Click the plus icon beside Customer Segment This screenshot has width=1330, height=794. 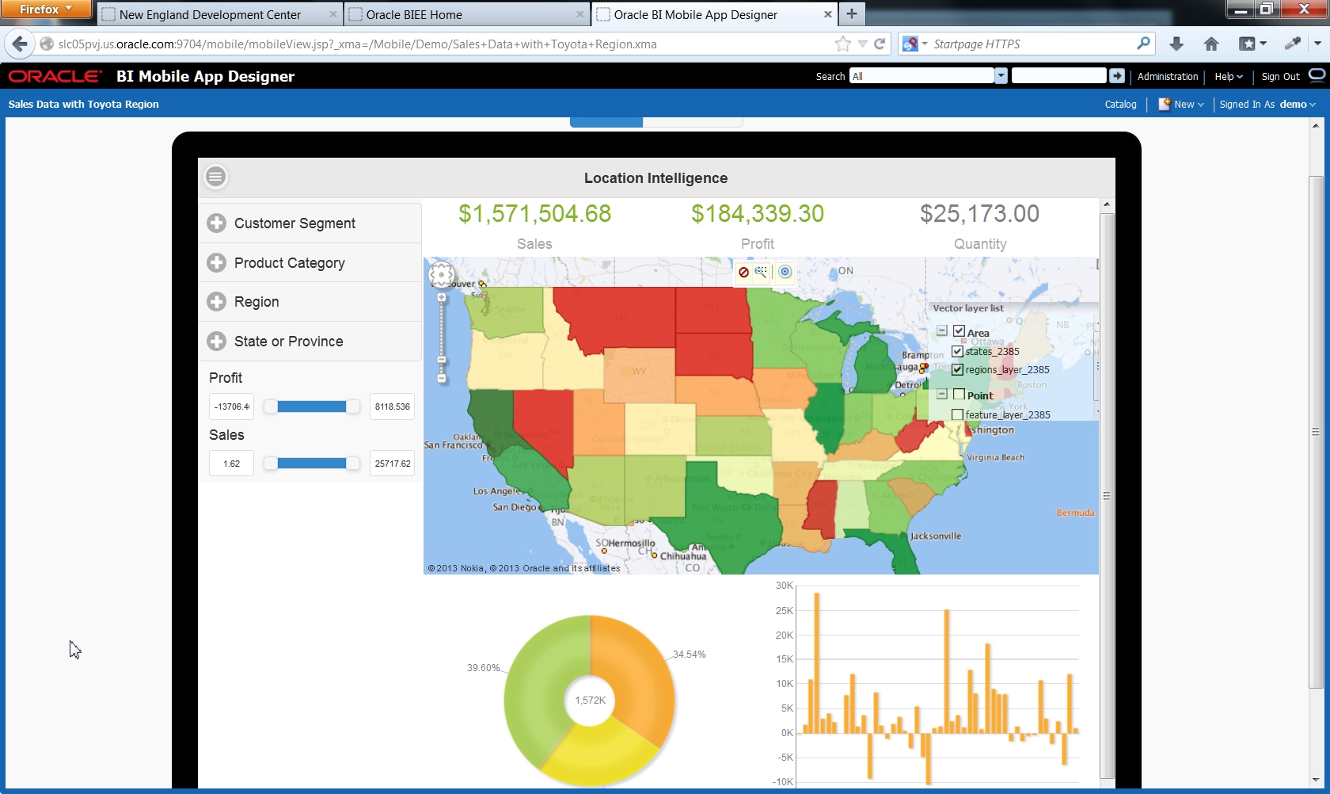(216, 223)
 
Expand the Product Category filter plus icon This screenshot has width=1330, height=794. (216, 262)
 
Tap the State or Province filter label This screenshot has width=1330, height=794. (288, 342)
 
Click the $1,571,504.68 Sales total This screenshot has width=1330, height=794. (534, 214)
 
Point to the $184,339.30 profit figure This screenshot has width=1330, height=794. (757, 214)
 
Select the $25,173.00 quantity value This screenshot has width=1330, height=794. (979, 214)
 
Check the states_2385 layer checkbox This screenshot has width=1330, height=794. (957, 351)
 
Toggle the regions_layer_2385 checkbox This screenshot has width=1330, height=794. (957, 369)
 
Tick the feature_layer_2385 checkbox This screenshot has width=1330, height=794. (957, 414)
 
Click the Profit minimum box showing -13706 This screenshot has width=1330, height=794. (231, 407)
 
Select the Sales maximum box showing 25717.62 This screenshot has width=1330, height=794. (392, 464)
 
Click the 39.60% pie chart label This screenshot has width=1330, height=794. (483, 668)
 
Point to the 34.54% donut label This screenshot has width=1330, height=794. (689, 655)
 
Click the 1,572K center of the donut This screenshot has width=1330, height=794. (590, 700)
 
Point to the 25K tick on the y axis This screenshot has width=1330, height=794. (784, 611)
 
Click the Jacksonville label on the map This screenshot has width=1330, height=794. (936, 536)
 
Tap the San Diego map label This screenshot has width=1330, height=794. (515, 507)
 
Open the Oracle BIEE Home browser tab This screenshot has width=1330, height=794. (414, 14)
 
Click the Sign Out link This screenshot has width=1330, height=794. (1280, 77)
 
